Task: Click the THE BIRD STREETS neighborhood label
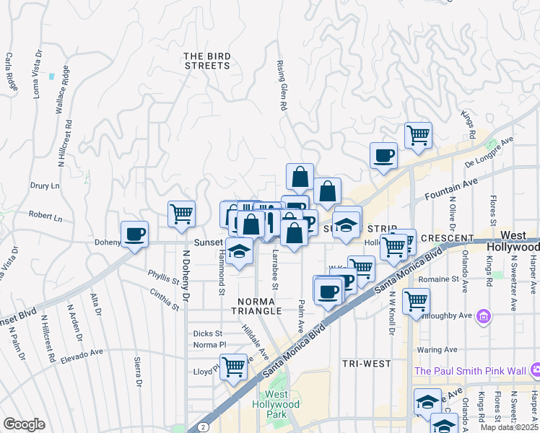tap(206, 60)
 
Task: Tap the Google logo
tap(24, 424)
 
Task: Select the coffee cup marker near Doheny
tap(135, 234)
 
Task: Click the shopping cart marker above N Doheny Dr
tap(181, 214)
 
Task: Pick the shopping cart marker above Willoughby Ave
tap(416, 301)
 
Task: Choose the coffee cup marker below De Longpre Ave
tap(383, 155)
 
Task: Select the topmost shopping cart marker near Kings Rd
tap(418, 134)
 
